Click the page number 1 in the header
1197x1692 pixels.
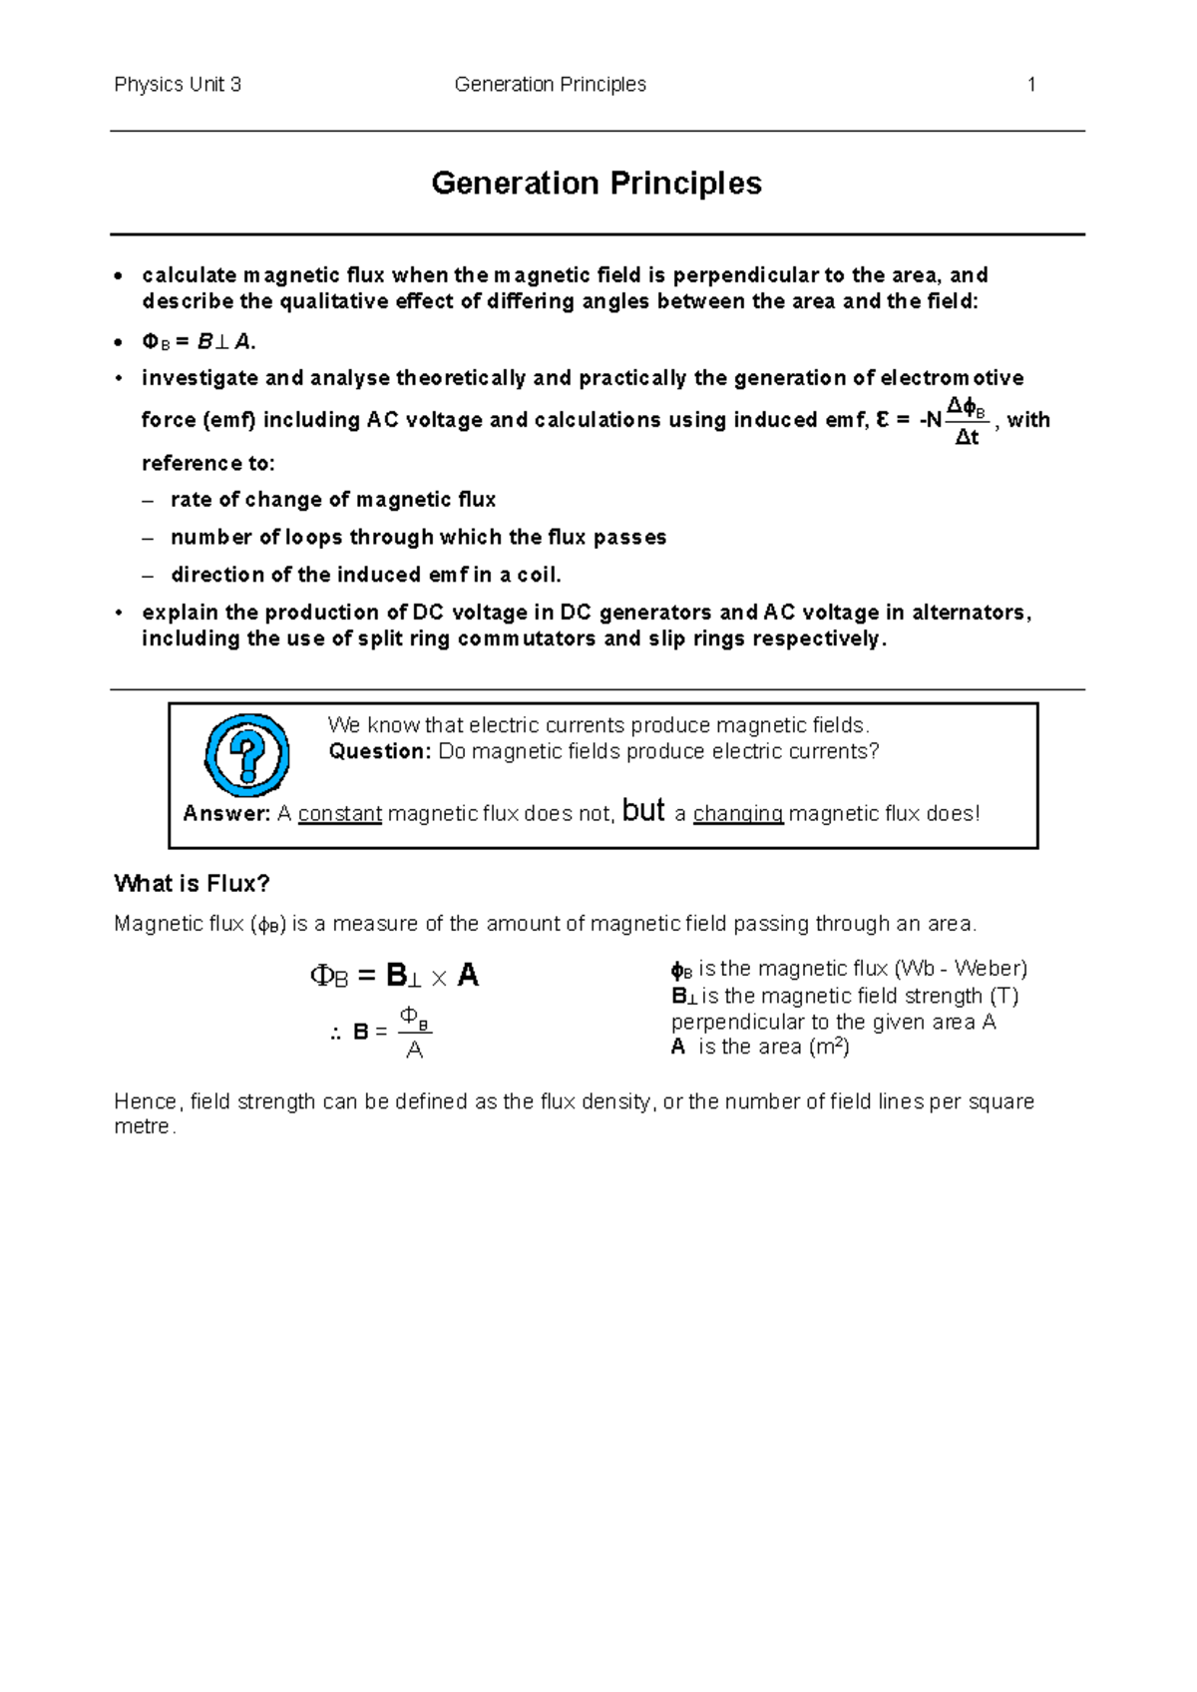tap(1031, 85)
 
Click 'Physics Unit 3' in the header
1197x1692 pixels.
tap(178, 85)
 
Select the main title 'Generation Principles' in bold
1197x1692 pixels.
tap(597, 184)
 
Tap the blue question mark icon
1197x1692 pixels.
tap(246, 755)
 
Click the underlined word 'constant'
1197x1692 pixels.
tap(340, 814)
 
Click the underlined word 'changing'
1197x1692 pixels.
tap(738, 814)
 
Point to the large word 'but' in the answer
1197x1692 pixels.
tap(642, 810)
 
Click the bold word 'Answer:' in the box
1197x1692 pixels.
tap(226, 814)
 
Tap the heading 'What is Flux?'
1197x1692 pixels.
tap(193, 884)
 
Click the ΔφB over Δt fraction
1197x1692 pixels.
tap(967, 421)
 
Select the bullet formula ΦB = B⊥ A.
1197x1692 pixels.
tap(199, 342)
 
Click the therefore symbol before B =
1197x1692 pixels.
tap(336, 1034)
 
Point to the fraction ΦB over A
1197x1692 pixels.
tap(415, 1033)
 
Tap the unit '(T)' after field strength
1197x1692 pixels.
tap(1003, 996)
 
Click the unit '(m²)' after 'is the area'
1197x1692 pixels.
tap(828, 1047)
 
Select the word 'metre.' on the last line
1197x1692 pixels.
tap(145, 1127)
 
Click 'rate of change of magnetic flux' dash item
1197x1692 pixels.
tap(333, 500)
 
